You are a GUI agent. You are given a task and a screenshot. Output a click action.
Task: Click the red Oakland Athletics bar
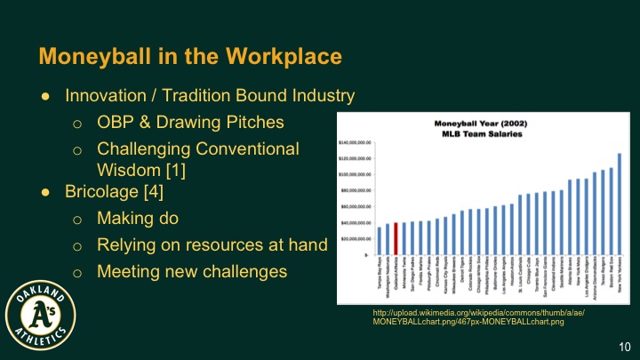[396, 238]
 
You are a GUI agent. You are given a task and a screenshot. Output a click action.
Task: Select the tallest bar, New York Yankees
[620, 204]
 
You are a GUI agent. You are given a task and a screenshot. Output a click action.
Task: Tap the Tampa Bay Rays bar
[380, 240]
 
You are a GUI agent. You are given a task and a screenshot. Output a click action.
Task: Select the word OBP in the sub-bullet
[116, 121]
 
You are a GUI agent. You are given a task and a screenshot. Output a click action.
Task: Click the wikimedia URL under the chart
[481, 319]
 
